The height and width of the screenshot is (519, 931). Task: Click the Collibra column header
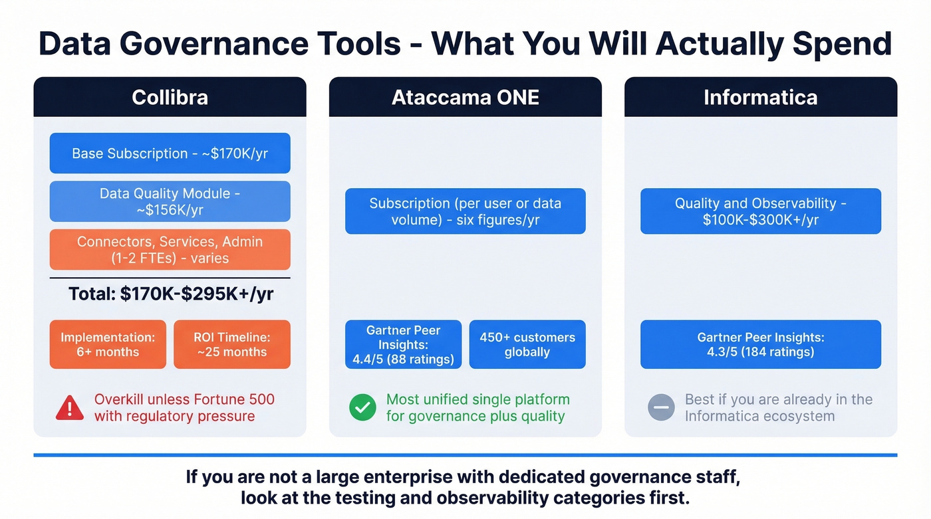click(x=170, y=97)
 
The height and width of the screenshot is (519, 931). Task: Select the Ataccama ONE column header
click(x=465, y=97)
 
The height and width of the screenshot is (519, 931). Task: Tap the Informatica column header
click(x=760, y=97)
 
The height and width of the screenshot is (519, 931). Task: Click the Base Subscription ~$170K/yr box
click(x=170, y=153)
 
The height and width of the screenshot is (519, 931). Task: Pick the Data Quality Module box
click(x=170, y=201)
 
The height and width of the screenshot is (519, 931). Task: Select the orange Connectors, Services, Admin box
click(x=170, y=250)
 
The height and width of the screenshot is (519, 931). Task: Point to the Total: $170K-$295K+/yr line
click(x=170, y=294)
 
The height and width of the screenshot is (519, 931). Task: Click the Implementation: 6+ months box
click(x=108, y=344)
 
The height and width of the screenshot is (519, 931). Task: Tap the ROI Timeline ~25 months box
click(x=232, y=344)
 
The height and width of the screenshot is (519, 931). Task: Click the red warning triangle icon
click(x=70, y=408)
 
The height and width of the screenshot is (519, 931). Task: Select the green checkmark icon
click(x=362, y=408)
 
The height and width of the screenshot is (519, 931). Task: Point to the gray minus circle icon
click(x=661, y=408)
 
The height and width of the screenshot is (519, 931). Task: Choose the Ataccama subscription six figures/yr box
click(x=465, y=211)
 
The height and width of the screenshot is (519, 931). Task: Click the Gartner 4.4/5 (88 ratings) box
click(x=403, y=344)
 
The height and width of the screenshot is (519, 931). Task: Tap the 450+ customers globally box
click(x=527, y=344)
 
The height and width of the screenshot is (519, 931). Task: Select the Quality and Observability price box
click(x=760, y=211)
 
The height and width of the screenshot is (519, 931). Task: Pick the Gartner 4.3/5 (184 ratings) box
click(x=760, y=344)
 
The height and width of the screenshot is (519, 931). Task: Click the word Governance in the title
click(x=223, y=44)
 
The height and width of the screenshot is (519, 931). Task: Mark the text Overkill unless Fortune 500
click(x=184, y=399)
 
